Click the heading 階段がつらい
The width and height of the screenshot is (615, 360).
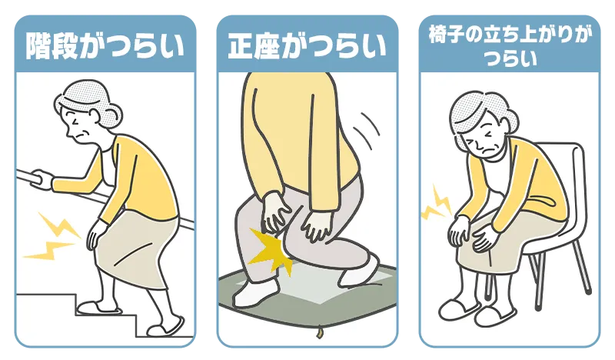pyautogui.click(x=105, y=46)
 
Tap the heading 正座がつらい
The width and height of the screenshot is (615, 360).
pyautogui.click(x=307, y=46)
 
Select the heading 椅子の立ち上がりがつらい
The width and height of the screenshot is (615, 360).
pyautogui.click(x=510, y=47)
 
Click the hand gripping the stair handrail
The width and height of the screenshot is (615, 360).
pyautogui.click(x=42, y=178)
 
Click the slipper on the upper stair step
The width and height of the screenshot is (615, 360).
pyautogui.click(x=98, y=306)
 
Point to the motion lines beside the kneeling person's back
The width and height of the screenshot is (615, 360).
pyautogui.click(x=366, y=129)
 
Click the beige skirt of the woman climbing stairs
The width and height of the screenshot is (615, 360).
pyautogui.click(x=135, y=252)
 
